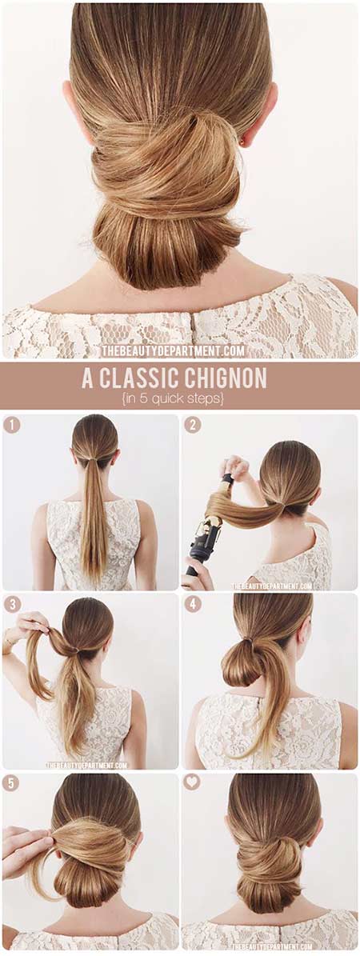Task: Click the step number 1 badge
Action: click(11, 424)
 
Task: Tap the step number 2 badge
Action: click(193, 424)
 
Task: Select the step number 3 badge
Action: click(11, 604)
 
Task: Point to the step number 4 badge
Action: click(193, 604)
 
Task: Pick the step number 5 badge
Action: click(11, 783)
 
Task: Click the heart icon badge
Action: click(191, 782)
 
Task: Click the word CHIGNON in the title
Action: click(222, 378)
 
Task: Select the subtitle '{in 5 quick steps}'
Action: click(180, 398)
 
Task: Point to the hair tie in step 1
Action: click(94, 458)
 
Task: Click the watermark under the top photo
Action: click(173, 350)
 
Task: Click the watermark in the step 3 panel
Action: click(86, 765)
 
